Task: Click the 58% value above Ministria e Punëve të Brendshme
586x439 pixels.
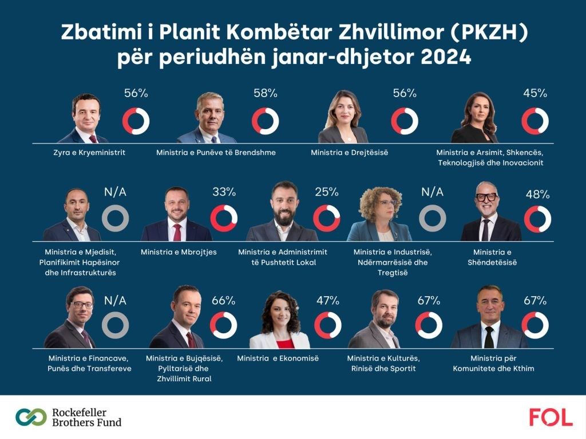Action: pos(266,93)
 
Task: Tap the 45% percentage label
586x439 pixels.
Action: pos(536,93)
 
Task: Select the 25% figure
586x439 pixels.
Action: pos(327,192)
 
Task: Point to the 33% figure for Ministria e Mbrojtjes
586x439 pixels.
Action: pos(224,192)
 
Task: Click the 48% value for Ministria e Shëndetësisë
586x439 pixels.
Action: pos(537,194)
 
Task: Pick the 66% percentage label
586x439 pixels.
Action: pos(223,301)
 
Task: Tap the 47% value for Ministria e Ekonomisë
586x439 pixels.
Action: pos(327,301)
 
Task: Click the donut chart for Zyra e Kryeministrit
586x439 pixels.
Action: pos(136,121)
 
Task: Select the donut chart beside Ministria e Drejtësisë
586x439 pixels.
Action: pos(405,121)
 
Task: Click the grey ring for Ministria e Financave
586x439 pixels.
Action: pos(115,325)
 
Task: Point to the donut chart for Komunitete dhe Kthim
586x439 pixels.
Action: pos(535,325)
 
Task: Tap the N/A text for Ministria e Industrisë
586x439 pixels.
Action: pos(433,192)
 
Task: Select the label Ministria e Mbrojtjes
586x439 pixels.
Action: pos(176,251)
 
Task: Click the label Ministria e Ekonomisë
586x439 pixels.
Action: pos(278,358)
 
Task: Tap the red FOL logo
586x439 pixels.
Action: pos(551,417)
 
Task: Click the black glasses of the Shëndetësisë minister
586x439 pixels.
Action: pos(487,197)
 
